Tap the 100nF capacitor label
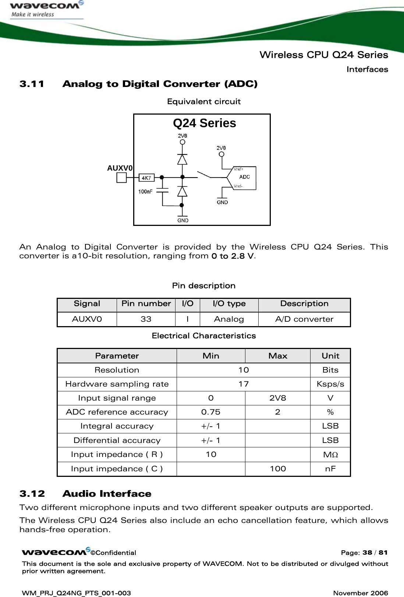click(x=145, y=192)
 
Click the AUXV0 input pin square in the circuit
click(x=121, y=178)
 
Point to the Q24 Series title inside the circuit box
click(x=204, y=123)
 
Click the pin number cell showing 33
click(x=146, y=319)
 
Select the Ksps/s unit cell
click(x=330, y=384)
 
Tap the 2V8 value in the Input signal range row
click(x=277, y=398)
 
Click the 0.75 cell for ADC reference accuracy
click(x=211, y=412)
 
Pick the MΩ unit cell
click(x=330, y=454)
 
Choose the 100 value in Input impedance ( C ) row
click(x=277, y=468)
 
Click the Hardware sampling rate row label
click(x=117, y=384)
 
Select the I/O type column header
click(x=229, y=304)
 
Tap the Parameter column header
click(x=117, y=356)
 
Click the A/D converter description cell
click(x=304, y=319)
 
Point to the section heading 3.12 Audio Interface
click(x=85, y=493)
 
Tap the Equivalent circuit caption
click(x=204, y=102)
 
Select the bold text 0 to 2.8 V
click(x=232, y=256)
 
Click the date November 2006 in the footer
click(x=360, y=593)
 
